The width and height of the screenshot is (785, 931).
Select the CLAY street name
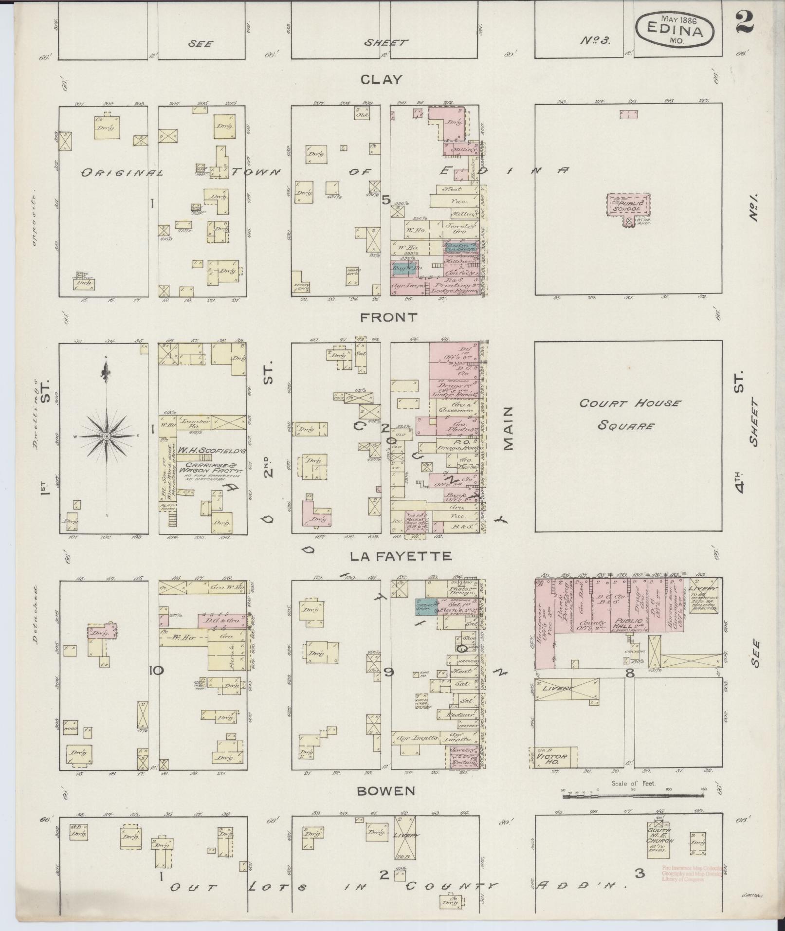388,79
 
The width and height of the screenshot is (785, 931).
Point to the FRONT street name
389,317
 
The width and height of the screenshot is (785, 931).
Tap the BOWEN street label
386,791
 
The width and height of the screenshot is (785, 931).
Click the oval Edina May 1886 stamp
675,30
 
